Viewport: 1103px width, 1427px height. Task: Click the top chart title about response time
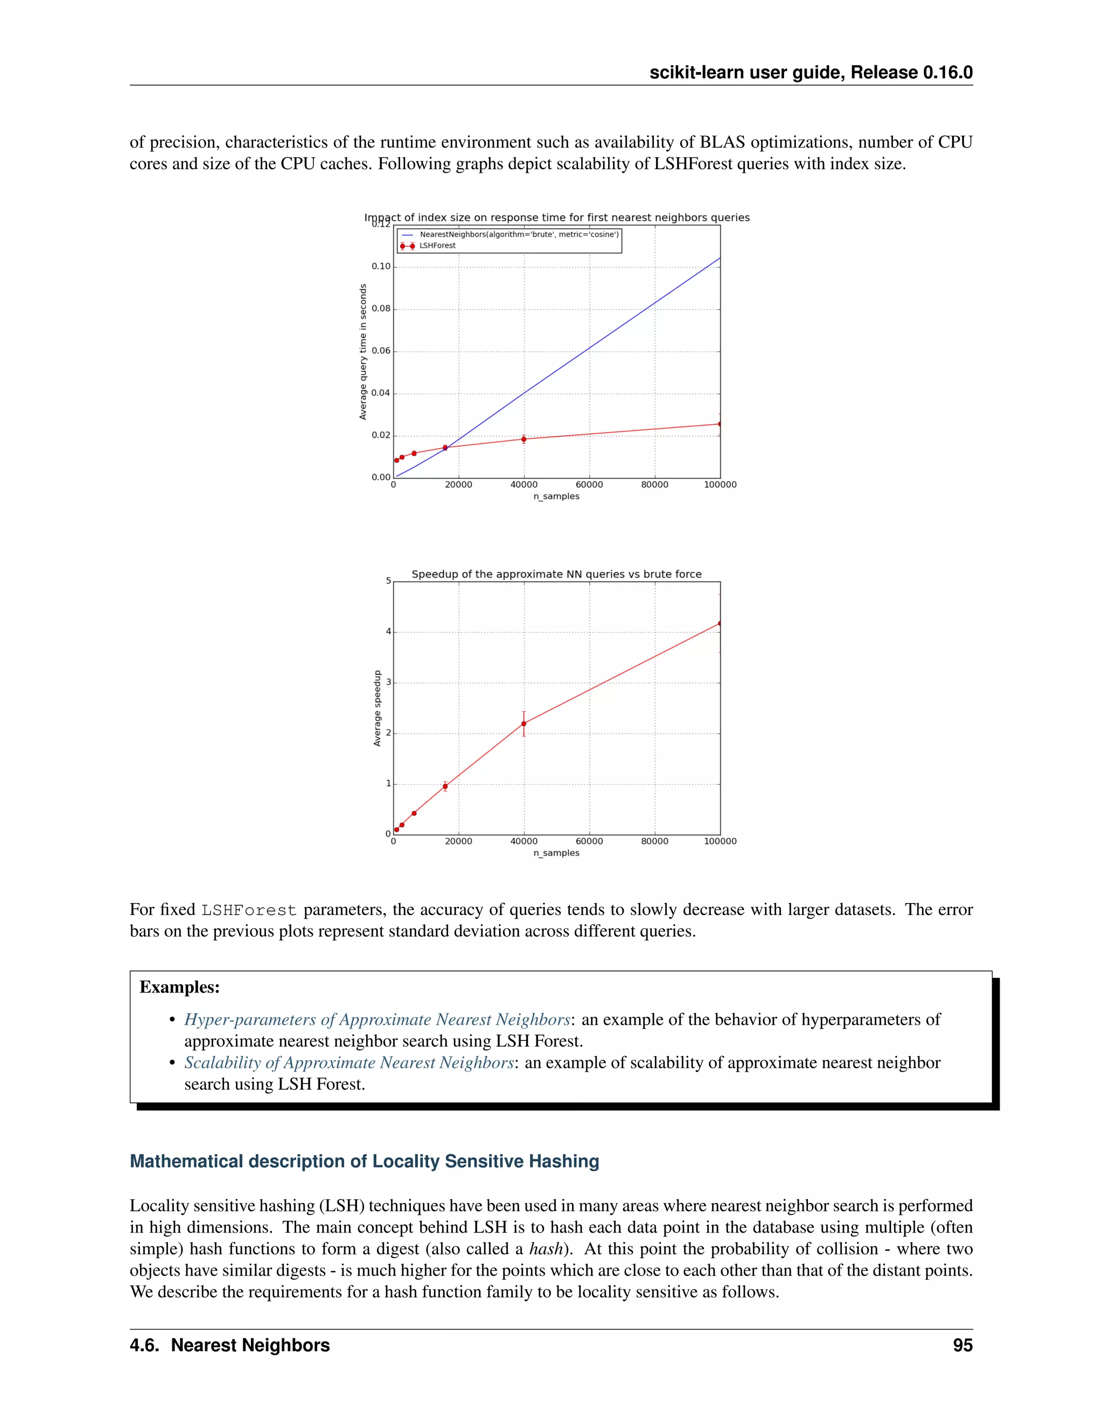557,218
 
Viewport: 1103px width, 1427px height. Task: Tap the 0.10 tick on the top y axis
381,267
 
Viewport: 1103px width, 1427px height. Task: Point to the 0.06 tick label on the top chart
381,351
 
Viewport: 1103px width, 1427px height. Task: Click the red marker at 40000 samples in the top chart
523,439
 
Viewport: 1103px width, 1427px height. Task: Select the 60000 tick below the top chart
589,485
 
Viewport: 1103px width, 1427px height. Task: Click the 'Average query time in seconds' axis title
364,352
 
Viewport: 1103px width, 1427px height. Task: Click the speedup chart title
557,575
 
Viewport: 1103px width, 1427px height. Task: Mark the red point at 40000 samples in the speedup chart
523,724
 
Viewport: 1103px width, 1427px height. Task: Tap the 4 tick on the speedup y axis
388,632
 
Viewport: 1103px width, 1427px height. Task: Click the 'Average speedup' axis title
377,708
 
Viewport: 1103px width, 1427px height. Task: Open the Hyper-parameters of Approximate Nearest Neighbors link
377,1020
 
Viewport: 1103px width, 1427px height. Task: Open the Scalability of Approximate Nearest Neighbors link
349,1063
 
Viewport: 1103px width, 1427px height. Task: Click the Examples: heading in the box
180,987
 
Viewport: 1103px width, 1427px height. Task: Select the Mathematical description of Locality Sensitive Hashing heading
364,1162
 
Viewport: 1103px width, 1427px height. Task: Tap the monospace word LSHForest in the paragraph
248,910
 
